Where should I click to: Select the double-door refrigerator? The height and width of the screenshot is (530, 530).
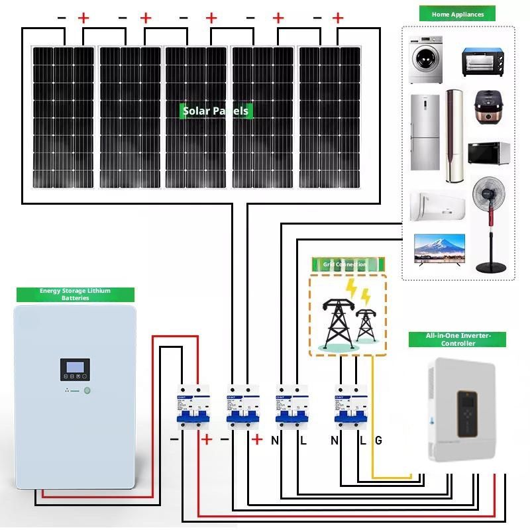point(424,132)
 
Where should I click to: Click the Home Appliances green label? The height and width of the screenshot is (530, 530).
point(458,14)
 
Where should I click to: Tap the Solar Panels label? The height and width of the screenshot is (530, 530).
point(216,111)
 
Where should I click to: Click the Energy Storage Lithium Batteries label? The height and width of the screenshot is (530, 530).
point(75,295)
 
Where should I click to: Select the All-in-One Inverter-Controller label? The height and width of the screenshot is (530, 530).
point(458,340)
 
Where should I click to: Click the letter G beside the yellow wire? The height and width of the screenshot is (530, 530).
point(378,440)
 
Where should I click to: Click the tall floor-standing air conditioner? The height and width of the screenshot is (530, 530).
point(454,136)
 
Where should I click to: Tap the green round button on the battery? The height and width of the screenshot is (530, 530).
point(87,390)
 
